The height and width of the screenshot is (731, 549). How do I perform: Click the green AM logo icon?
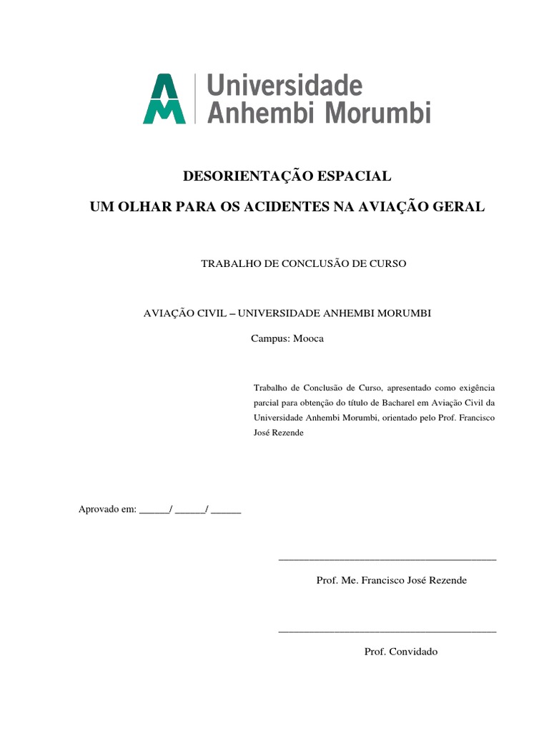pyautogui.click(x=164, y=99)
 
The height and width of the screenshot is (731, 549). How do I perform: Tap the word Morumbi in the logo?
pyautogui.click(x=378, y=112)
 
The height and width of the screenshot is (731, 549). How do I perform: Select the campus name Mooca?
pyautogui.click(x=309, y=338)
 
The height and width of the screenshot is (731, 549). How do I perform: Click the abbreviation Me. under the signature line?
pyautogui.click(x=350, y=580)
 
